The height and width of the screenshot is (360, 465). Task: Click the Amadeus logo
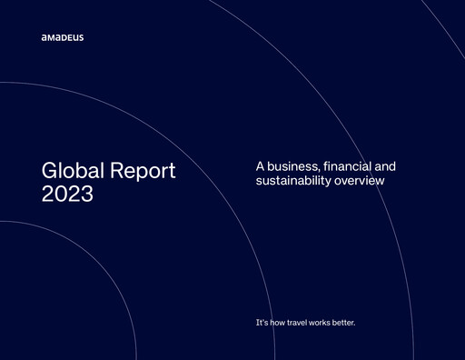(62, 38)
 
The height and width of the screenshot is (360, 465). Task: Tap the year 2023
(67, 195)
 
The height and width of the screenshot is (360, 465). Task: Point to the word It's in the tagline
(263, 324)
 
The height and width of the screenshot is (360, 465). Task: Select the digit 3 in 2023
(86, 195)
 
